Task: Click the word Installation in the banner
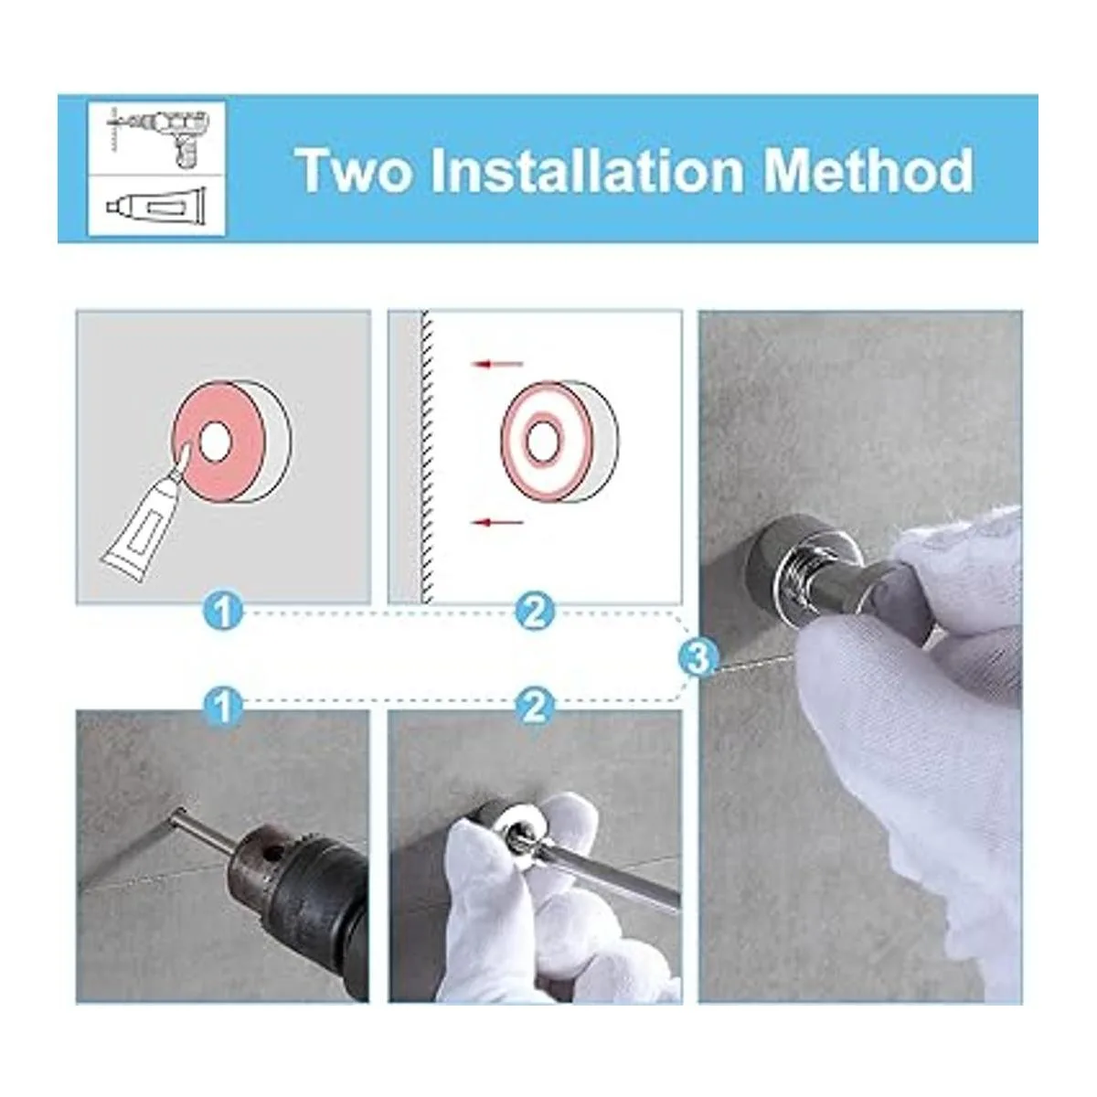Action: click(588, 170)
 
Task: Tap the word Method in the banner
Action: click(869, 170)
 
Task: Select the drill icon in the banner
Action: click(157, 137)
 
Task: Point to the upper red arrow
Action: click(496, 363)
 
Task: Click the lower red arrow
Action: click(496, 521)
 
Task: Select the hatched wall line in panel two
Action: click(427, 456)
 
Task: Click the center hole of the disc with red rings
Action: click(540, 442)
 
